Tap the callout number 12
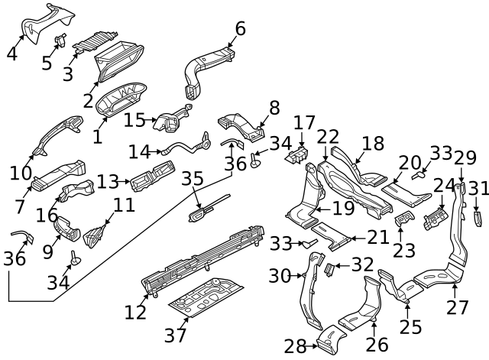[135, 312]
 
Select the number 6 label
[240, 29]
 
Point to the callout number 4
[11, 54]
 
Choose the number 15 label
[134, 119]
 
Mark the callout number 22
[328, 137]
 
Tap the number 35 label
[193, 179]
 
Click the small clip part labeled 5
[62, 40]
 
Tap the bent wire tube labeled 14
[183, 145]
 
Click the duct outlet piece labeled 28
[330, 338]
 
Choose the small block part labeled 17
[299, 156]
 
